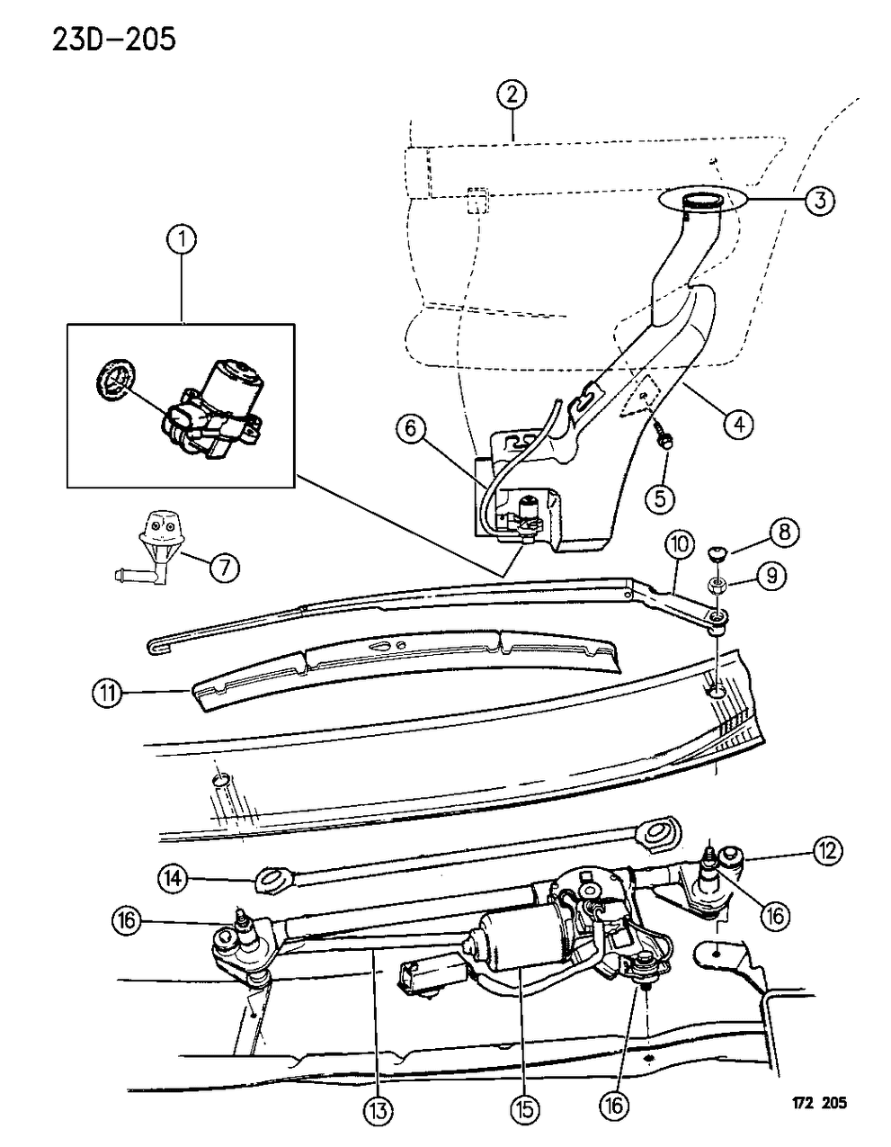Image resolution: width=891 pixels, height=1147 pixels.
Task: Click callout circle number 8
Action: point(783,533)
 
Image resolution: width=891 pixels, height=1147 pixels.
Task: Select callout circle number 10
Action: point(681,544)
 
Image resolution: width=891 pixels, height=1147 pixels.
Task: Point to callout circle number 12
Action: point(828,849)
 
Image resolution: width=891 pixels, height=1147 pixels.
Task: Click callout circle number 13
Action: point(379,1112)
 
